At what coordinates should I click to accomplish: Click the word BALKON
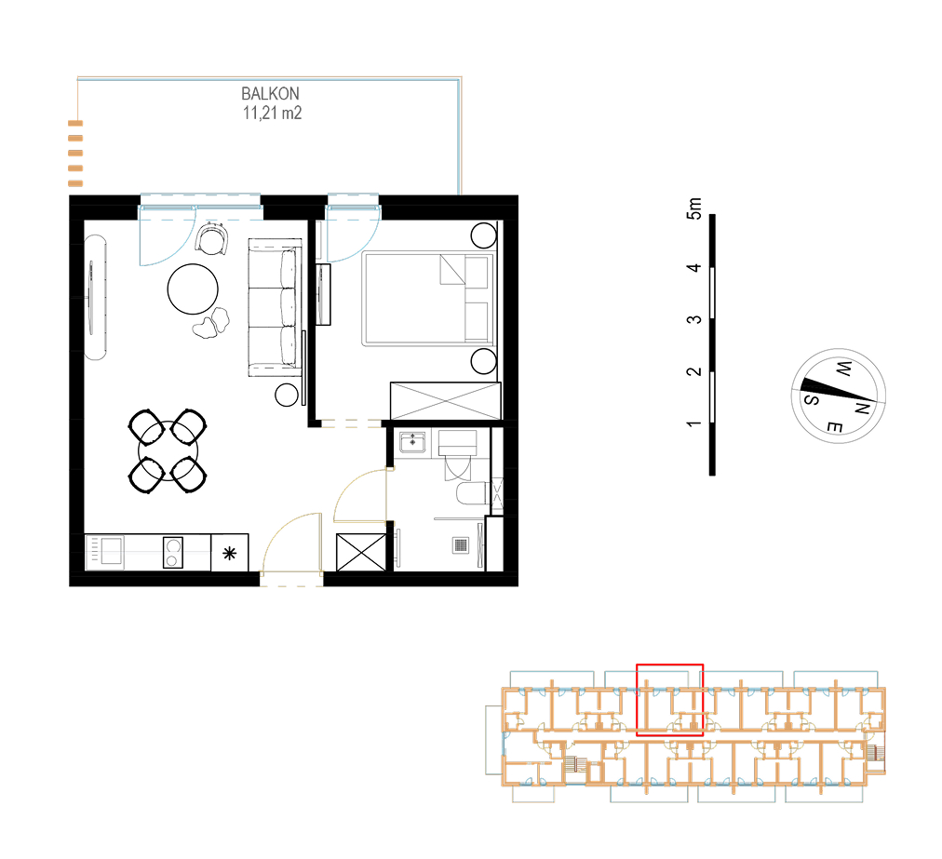point(270,94)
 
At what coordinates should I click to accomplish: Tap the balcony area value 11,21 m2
point(272,113)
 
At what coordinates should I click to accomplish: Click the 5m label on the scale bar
point(693,208)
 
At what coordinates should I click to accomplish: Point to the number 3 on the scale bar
point(693,319)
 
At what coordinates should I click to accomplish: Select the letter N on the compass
point(862,409)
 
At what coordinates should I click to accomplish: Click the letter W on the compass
point(843,369)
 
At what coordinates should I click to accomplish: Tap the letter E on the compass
point(834,427)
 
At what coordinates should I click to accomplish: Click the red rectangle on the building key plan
point(669,665)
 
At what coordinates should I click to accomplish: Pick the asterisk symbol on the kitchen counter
point(230,553)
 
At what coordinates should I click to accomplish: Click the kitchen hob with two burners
point(173,552)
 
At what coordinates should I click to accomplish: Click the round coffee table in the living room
point(193,289)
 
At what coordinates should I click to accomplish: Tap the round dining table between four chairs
point(168,450)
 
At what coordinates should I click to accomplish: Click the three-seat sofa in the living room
point(276,307)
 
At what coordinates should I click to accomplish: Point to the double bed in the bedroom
point(428,299)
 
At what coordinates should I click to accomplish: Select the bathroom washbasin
point(412,442)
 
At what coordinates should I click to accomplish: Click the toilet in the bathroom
point(472,494)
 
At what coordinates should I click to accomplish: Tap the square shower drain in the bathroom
point(460,544)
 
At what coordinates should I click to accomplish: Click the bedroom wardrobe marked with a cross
point(445,401)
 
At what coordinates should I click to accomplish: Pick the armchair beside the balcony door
point(211,238)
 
